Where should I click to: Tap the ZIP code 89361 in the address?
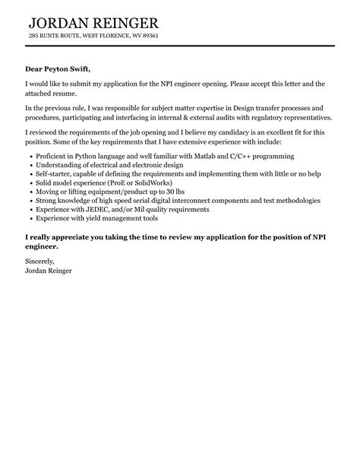pyautogui.click(x=147, y=36)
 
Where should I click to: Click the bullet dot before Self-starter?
pyautogui.click(x=28, y=174)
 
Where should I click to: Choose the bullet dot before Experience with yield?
pyautogui.click(x=28, y=220)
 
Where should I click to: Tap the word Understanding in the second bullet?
pyautogui.click(x=59, y=165)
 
